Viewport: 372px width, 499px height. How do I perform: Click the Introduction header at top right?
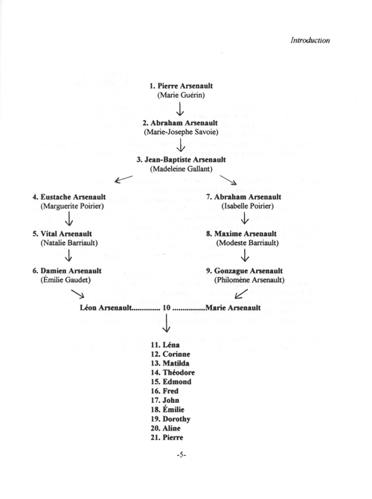point(310,40)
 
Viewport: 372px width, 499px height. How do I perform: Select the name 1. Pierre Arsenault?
point(181,86)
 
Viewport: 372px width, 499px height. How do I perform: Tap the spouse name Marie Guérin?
point(181,95)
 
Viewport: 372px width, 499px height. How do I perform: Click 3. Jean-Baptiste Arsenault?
point(181,160)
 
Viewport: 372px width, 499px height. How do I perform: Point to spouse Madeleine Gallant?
point(181,168)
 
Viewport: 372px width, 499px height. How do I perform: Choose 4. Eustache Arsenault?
point(69,197)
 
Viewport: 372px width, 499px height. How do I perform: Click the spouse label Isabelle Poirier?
point(245,206)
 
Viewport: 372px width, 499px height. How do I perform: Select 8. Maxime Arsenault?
point(241,234)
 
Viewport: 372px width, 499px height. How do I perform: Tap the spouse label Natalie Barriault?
point(69,243)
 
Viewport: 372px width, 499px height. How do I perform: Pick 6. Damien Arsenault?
point(67,271)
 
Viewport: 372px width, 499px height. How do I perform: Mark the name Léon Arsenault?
point(106,308)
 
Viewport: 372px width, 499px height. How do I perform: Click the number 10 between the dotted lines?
point(167,308)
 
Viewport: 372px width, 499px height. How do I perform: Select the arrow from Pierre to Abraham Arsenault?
point(180,109)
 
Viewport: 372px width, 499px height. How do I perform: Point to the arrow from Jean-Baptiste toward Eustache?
point(124,179)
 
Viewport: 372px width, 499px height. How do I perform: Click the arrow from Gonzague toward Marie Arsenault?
point(240,293)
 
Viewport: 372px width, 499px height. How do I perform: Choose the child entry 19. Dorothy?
point(170,419)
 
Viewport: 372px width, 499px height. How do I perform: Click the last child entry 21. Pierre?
point(167,438)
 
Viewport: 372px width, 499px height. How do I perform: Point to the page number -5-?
point(182,455)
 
